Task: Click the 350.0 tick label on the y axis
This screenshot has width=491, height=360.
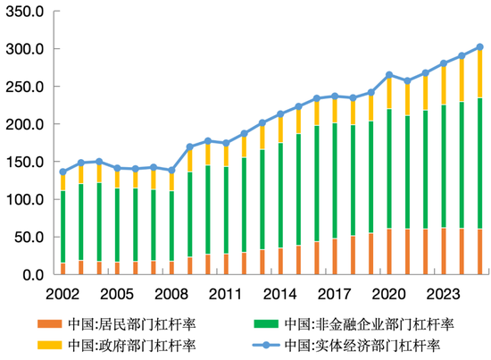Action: [x=23, y=12]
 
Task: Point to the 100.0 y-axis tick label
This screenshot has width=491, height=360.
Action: [x=23, y=200]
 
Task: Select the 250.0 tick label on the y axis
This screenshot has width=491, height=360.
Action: [x=23, y=88]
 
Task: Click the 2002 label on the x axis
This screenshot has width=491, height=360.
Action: [x=62, y=292]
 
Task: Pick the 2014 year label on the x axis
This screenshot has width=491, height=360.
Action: [x=280, y=292]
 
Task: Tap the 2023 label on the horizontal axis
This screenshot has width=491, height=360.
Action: [x=444, y=292]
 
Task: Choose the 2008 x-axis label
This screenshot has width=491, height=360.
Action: [x=171, y=292]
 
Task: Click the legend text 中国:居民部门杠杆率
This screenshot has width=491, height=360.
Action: [x=125, y=323]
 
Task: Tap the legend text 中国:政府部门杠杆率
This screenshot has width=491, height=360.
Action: [x=125, y=344]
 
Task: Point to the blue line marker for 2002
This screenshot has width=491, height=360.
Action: [x=62, y=172]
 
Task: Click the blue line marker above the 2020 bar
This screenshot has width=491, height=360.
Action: [x=388, y=75]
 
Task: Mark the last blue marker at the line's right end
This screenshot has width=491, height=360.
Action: [x=479, y=46]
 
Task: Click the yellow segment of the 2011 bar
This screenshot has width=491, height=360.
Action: [x=225, y=155]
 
